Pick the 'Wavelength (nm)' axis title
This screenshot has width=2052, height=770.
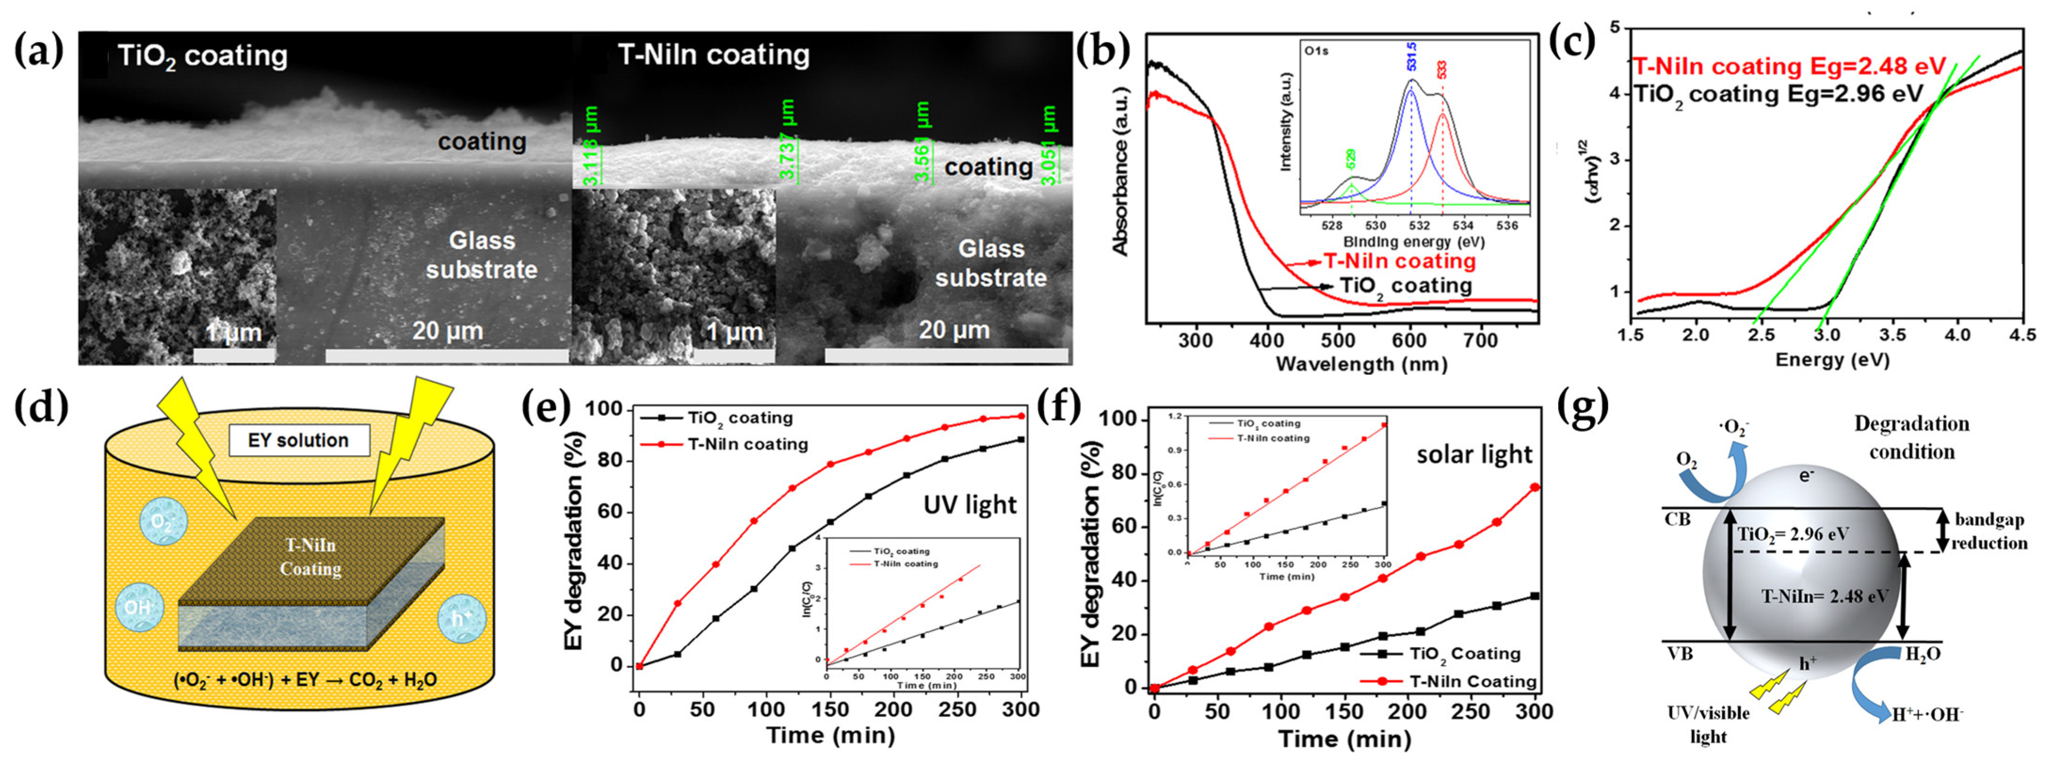coord(1360,364)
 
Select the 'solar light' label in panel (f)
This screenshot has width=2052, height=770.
coord(1473,455)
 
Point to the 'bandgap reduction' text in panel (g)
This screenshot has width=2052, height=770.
coord(1989,531)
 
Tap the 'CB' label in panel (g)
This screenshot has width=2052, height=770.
coord(1677,520)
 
